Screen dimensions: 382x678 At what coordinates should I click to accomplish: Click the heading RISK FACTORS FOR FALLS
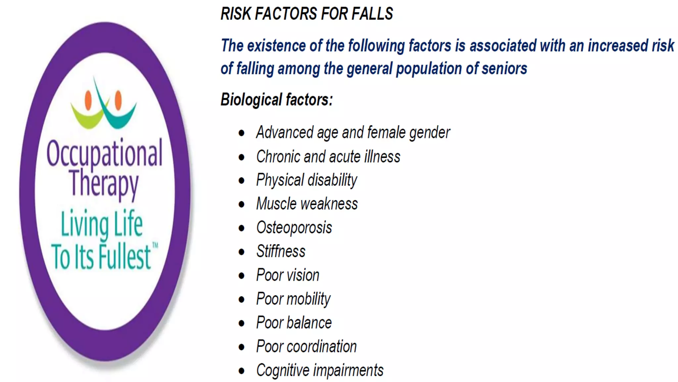click(x=307, y=14)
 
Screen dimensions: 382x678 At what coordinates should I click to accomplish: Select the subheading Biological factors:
click(x=277, y=99)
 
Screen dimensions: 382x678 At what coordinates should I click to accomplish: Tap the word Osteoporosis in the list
click(x=294, y=228)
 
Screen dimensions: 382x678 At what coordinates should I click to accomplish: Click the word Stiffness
click(x=281, y=251)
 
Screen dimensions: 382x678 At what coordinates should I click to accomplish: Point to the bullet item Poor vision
click(x=288, y=275)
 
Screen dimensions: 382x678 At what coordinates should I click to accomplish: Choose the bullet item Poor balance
click(x=294, y=323)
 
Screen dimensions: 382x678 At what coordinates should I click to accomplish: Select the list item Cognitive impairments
click(x=320, y=370)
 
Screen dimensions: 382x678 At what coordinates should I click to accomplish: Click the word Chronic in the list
click(x=278, y=157)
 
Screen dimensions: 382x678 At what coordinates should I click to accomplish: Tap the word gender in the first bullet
click(x=429, y=133)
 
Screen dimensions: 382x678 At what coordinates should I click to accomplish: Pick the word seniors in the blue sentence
click(x=504, y=69)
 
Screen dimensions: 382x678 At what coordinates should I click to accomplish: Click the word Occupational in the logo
click(x=105, y=153)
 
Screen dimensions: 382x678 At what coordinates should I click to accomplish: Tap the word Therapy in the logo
click(x=104, y=183)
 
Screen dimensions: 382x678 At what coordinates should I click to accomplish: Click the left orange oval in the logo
click(x=88, y=100)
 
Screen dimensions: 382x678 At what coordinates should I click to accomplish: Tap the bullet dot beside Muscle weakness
click(x=242, y=204)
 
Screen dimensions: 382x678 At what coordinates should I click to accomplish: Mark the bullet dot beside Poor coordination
click(x=242, y=347)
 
